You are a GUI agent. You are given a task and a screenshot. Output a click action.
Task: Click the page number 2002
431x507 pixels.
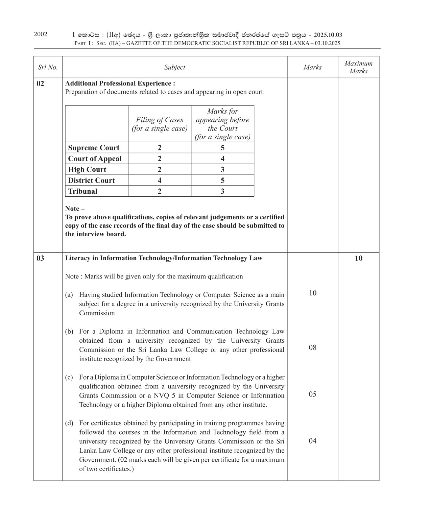click(x=41, y=34)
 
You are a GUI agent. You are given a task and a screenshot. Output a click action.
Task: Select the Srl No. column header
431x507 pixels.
click(x=48, y=67)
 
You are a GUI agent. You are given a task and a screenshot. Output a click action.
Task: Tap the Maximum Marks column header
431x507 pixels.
click(x=358, y=67)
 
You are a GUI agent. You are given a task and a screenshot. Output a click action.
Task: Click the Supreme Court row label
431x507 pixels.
click(x=94, y=148)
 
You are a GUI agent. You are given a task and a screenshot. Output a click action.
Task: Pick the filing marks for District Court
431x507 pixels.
click(x=160, y=180)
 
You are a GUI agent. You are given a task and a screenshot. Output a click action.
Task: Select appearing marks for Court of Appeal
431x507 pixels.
click(x=222, y=159)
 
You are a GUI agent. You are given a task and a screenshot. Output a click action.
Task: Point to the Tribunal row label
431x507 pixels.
click(x=82, y=191)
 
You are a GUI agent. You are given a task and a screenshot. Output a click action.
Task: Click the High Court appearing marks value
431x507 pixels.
click(x=222, y=170)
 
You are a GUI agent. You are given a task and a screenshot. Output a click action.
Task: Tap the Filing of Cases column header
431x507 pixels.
click(x=160, y=124)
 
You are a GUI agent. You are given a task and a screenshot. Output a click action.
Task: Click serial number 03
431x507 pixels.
click(x=40, y=258)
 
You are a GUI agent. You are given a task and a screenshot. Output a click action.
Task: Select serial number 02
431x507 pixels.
click(x=40, y=83)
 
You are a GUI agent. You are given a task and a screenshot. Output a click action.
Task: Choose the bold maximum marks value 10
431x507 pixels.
click(x=358, y=258)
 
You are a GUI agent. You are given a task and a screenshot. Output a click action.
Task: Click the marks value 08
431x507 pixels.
click(x=313, y=347)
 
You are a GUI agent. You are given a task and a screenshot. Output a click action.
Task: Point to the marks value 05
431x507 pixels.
click(x=313, y=394)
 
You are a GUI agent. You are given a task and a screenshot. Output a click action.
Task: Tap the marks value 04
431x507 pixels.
click(x=313, y=441)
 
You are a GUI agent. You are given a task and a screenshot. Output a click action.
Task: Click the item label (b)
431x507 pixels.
click(x=69, y=331)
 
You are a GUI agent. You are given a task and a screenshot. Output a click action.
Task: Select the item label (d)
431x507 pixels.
click(x=69, y=423)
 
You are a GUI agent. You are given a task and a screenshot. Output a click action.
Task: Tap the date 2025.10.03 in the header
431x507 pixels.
click(x=328, y=35)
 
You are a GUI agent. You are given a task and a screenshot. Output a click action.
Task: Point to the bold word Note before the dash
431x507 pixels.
click(x=72, y=209)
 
